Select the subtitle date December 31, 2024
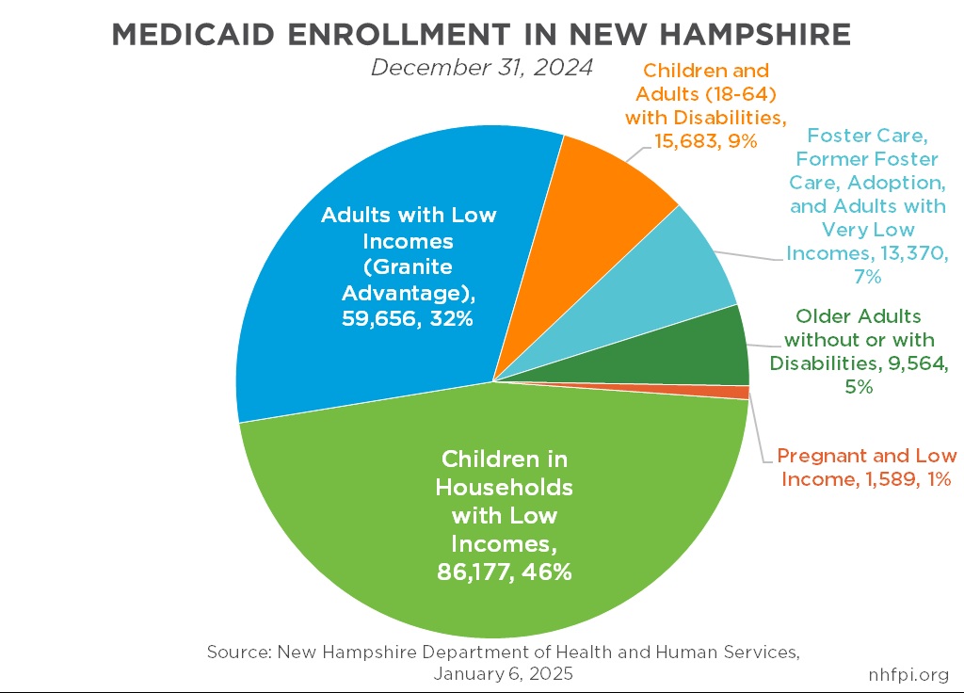pos(481,68)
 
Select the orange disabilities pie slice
pos(602,207)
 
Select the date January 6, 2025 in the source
pos(503,674)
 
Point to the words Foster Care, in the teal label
pos(865,137)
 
